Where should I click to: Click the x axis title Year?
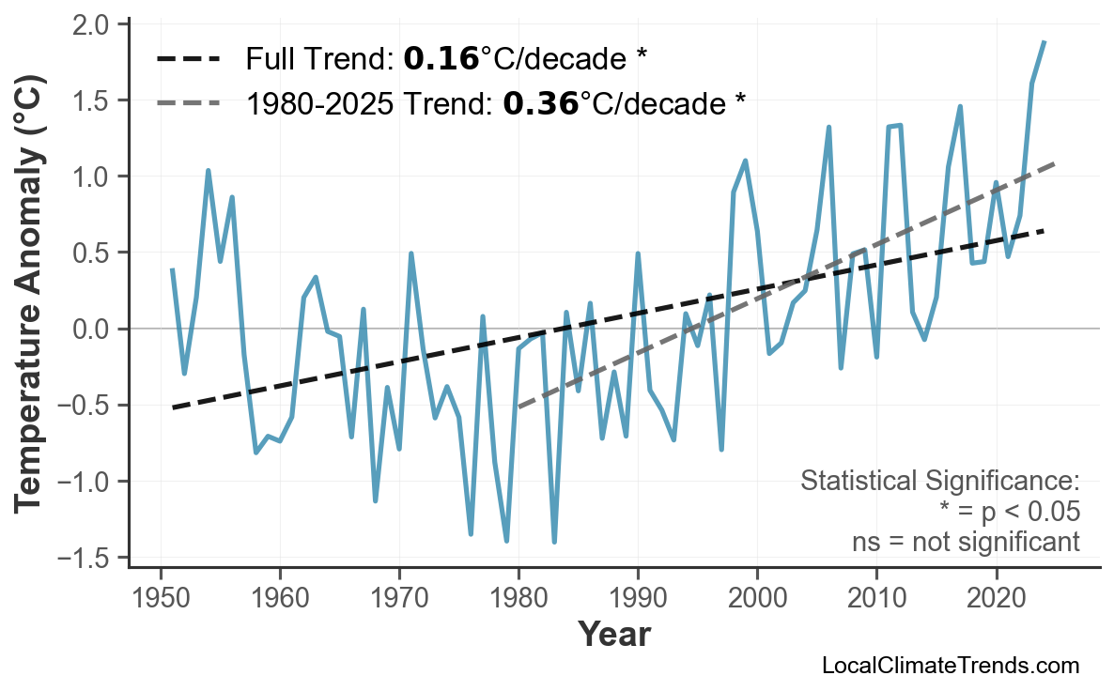(x=613, y=635)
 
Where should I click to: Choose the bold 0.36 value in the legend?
(x=540, y=103)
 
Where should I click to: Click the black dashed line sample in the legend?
(x=188, y=60)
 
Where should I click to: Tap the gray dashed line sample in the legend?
(x=188, y=103)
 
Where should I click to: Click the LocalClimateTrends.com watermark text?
(x=950, y=666)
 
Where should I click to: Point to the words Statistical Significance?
(x=939, y=482)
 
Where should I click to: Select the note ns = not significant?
(x=965, y=542)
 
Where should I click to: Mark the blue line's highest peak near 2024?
(x=1044, y=42)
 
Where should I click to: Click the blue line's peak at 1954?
(x=208, y=171)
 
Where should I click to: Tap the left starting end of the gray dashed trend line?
(x=518, y=407)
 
